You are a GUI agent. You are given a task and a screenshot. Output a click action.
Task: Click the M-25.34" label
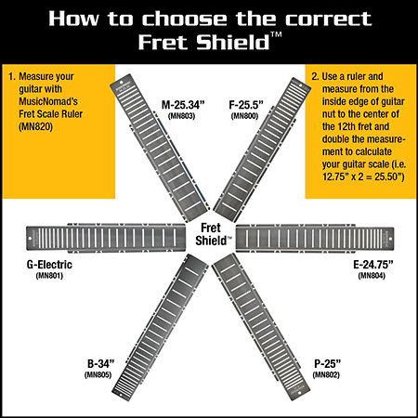[183, 105]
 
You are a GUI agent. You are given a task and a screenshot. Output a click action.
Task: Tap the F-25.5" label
[246, 105]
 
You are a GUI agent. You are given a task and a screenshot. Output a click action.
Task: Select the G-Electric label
[49, 265]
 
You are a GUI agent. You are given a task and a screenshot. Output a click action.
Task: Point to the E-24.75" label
[373, 265]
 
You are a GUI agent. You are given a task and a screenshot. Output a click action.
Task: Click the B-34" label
[101, 364]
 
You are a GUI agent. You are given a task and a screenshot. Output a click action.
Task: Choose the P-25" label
[327, 364]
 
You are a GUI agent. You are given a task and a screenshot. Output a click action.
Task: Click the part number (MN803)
[182, 116]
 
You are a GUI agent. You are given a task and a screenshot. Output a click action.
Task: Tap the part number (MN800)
[244, 116]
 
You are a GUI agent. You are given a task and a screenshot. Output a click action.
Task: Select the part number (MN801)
[49, 276]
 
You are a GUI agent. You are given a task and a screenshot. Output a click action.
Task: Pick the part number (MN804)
[372, 276]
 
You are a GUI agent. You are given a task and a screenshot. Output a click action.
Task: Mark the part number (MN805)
[98, 374]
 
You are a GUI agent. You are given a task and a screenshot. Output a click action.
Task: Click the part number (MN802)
[326, 374]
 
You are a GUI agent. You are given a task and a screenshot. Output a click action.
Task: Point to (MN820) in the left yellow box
[35, 126]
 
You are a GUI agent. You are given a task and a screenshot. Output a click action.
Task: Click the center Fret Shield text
[213, 234]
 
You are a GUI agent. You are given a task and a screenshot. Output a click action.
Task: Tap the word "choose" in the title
[185, 19]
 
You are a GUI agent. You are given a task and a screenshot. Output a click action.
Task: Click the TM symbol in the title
[276, 34]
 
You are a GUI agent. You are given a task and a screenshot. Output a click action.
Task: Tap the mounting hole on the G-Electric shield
[31, 239]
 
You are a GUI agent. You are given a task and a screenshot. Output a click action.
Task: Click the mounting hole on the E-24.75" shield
[390, 239]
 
